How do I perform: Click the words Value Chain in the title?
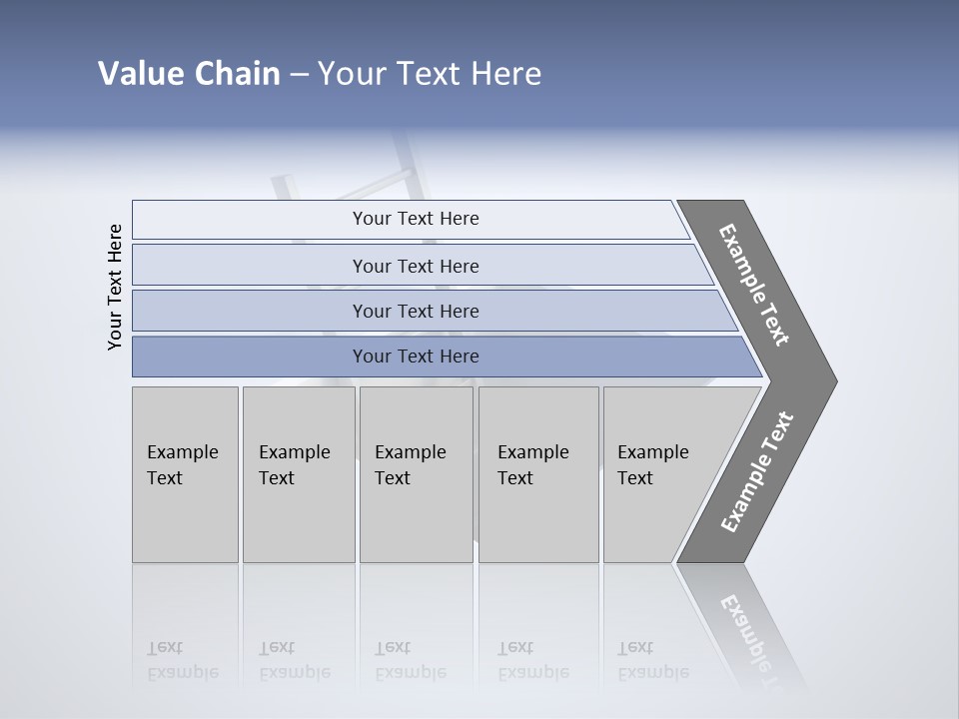[189, 74]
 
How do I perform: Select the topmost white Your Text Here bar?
[416, 219]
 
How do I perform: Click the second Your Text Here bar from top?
[416, 266]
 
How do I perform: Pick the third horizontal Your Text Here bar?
[416, 311]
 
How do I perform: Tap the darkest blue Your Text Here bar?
[416, 357]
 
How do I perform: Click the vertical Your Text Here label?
[115, 287]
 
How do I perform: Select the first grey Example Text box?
[185, 474]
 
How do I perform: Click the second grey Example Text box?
[298, 474]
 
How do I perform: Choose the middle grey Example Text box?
[415, 474]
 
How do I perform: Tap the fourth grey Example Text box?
[537, 474]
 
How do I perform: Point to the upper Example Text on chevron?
[755, 285]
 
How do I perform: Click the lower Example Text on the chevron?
[757, 472]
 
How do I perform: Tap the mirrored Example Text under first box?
[182, 661]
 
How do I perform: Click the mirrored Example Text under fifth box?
[652, 661]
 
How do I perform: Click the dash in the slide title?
[299, 75]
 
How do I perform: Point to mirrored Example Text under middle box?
[410, 661]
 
